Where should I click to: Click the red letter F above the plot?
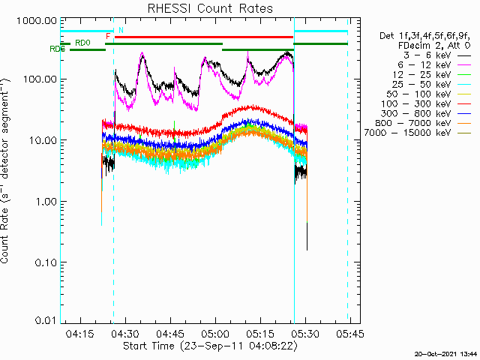click(108, 36)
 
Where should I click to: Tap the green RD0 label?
click(82, 43)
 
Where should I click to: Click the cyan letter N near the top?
click(120, 30)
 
